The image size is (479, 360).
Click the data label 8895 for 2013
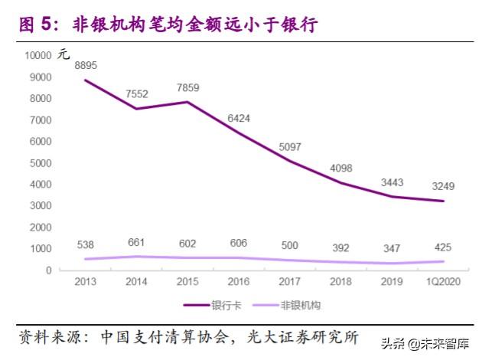[x=85, y=67]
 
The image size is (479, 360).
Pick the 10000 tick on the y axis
[x=37, y=55]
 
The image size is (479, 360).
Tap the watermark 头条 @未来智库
[x=427, y=342]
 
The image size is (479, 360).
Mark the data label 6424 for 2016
[x=238, y=119]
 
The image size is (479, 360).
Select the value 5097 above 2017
[x=289, y=147]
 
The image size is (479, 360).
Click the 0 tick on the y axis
[x=48, y=270]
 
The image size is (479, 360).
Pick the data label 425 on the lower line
[x=442, y=247]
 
